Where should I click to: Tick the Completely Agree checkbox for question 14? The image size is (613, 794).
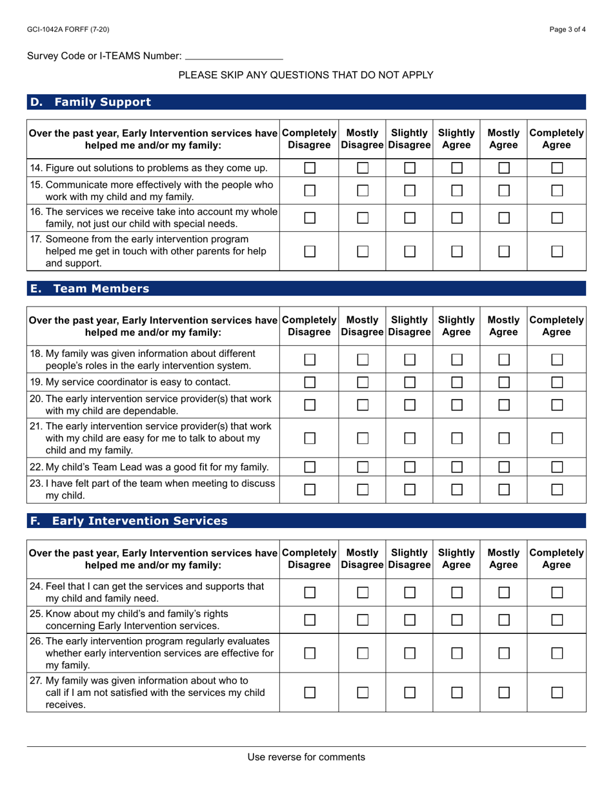coord(556,168)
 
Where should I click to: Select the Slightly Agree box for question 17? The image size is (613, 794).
coord(457,250)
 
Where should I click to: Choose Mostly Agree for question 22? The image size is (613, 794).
coord(504,467)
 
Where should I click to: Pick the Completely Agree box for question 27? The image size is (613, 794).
coord(556,692)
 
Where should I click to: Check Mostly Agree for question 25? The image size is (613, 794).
coord(504,619)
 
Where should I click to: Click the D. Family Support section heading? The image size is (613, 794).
coord(91,102)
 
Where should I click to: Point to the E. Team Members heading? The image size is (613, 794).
coord(90,289)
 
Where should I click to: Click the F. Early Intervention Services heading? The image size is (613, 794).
coord(129,521)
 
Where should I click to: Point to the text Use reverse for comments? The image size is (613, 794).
coord(306,757)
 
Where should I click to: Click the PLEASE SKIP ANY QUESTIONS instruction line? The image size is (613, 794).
coord(306,75)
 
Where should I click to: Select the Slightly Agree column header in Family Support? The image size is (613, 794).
coord(457,139)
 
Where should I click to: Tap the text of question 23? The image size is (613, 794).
coord(152,489)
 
